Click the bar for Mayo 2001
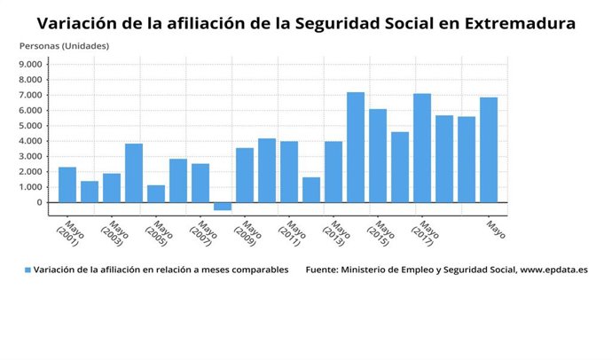[67, 184]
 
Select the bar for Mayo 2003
[112, 187]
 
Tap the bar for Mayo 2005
[156, 193]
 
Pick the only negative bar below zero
[223, 206]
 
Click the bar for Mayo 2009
[245, 175]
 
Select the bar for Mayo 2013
[333, 171]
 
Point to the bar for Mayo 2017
[422, 148]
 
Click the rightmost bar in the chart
[489, 150]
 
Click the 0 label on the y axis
[39, 202]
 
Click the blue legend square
[27, 270]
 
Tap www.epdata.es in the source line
[553, 270]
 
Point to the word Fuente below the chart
[320, 270]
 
